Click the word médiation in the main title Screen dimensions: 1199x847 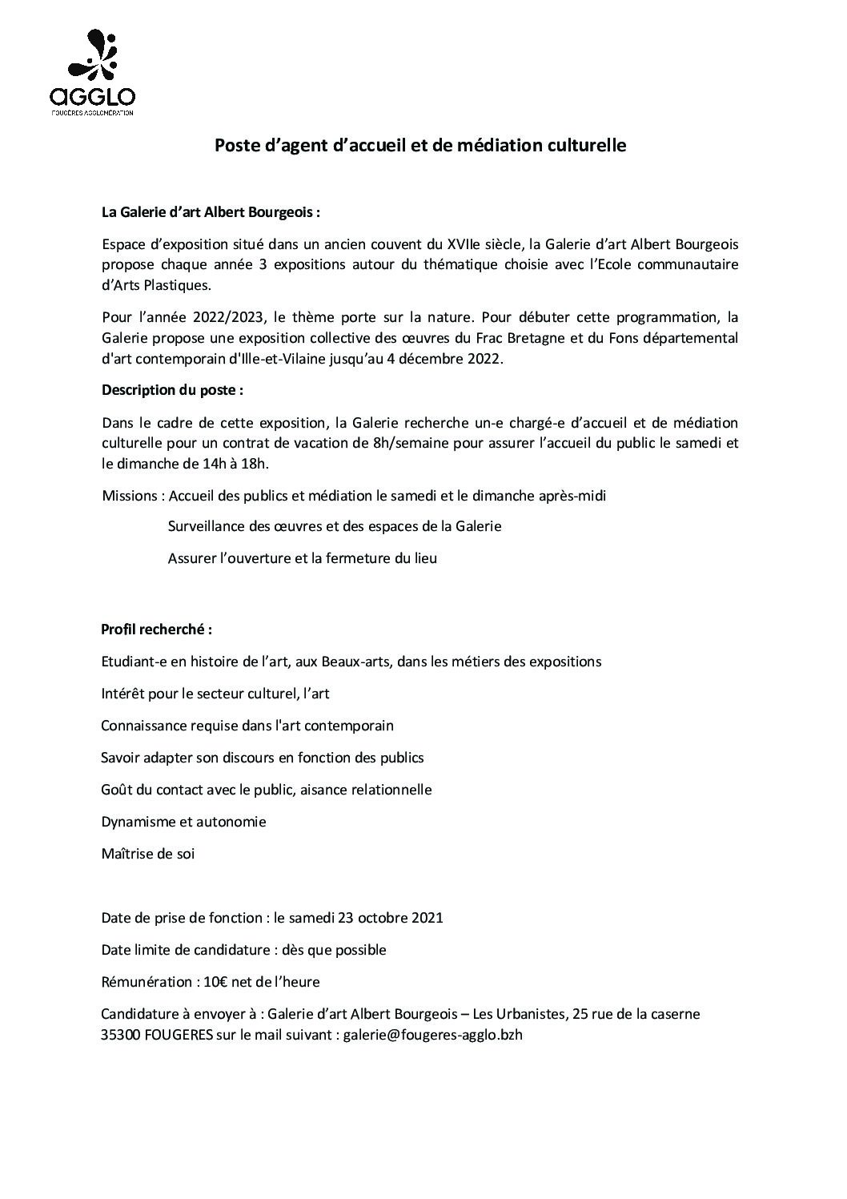(x=506, y=145)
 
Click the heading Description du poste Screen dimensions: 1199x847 (x=172, y=390)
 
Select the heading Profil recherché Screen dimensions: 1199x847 (x=156, y=629)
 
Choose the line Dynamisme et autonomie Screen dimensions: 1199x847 (x=183, y=822)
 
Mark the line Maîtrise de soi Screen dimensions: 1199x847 (x=148, y=854)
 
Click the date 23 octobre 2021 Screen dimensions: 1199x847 (x=391, y=918)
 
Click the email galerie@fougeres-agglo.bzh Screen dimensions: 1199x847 (x=433, y=1035)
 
